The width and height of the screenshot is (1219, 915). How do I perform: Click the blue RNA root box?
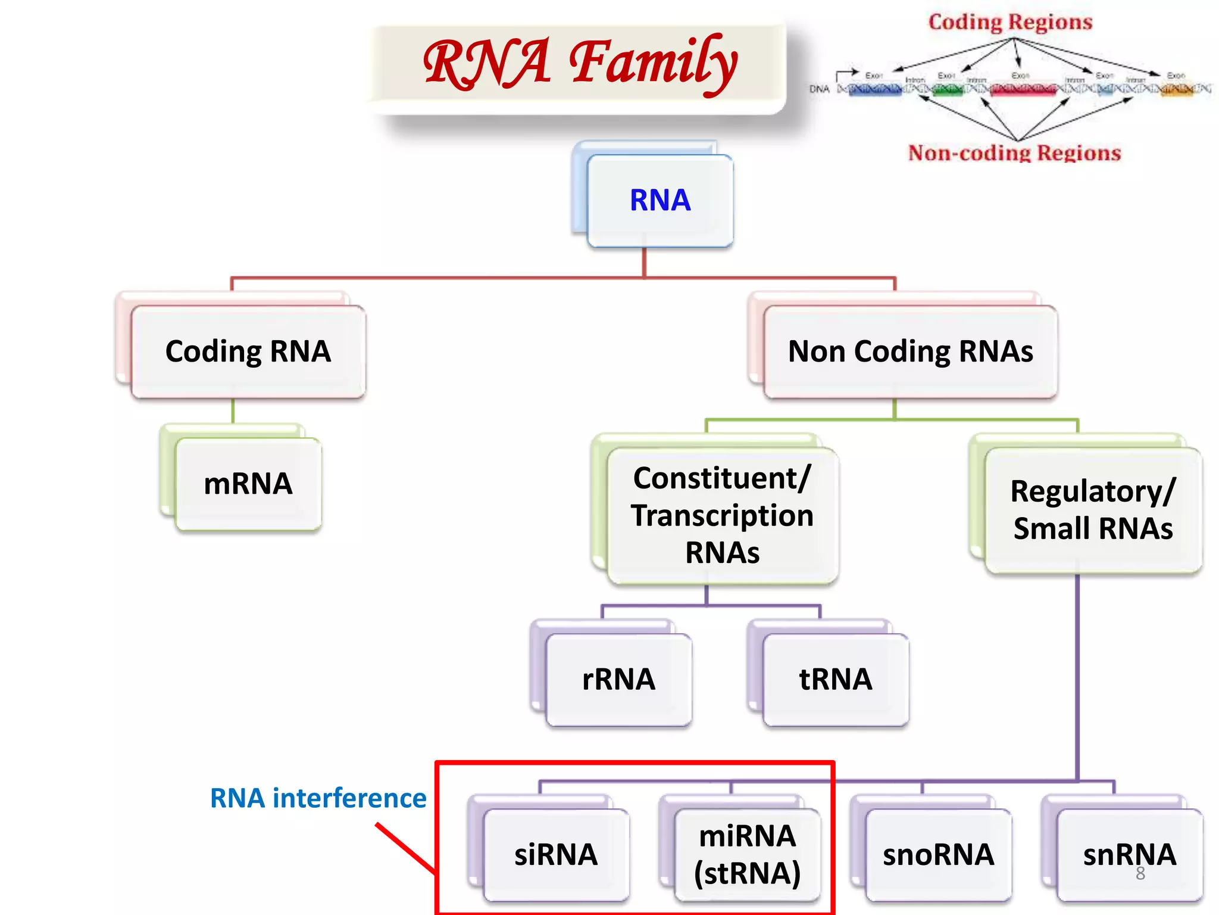[x=659, y=200]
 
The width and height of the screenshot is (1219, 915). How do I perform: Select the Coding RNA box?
[x=248, y=351]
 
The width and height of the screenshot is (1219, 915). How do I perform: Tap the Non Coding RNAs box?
[x=910, y=351]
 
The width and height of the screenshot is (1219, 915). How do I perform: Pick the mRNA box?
[x=248, y=484]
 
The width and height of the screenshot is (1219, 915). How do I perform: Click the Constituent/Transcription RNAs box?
[x=722, y=515]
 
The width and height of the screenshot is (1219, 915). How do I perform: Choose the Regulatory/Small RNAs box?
[x=1093, y=510]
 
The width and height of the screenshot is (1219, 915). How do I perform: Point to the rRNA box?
[x=618, y=680]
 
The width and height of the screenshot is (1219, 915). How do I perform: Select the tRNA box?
[x=835, y=680]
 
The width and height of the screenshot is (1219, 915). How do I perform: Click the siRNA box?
[x=556, y=855]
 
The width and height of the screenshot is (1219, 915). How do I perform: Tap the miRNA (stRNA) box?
[x=747, y=855]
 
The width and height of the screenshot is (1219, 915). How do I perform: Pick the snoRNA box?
[x=938, y=855]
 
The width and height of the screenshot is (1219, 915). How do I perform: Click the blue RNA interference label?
[x=318, y=798]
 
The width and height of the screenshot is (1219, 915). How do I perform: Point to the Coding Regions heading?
[x=1010, y=23]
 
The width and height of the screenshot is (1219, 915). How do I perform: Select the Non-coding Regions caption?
[x=1014, y=153]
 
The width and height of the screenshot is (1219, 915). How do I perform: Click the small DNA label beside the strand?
[x=819, y=89]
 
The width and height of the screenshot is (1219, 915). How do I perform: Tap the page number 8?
[x=1140, y=874]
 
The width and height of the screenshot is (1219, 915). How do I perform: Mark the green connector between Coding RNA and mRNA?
[x=233, y=411]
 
